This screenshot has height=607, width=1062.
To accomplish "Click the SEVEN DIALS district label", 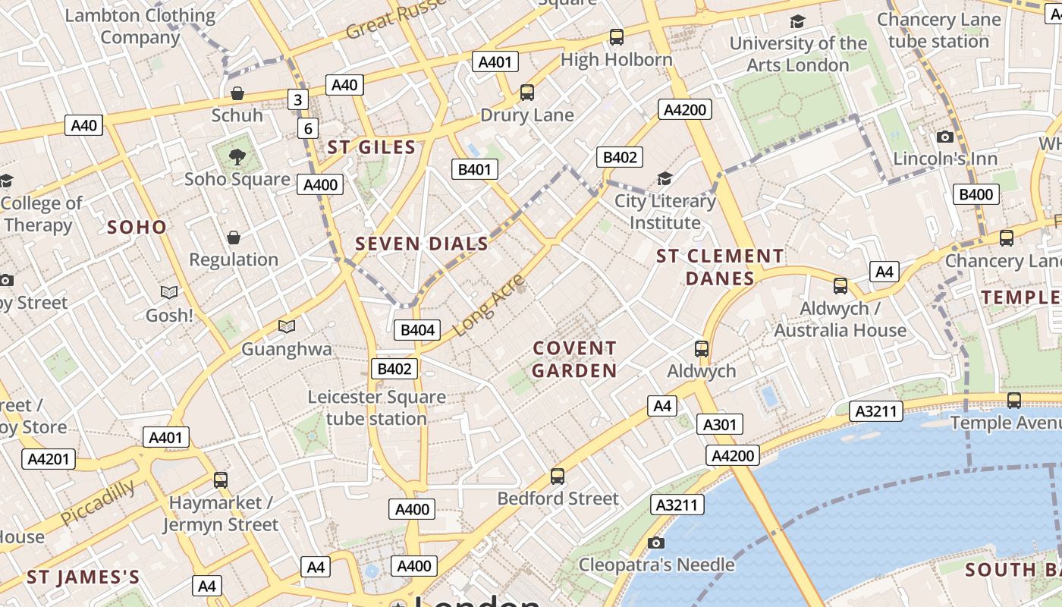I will (x=422, y=244).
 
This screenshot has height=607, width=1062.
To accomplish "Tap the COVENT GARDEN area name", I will (x=574, y=360).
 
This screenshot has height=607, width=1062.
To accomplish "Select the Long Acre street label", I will (x=489, y=305).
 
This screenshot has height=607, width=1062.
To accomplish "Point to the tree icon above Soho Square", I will (x=237, y=157).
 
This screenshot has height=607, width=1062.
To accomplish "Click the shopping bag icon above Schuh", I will (x=237, y=93).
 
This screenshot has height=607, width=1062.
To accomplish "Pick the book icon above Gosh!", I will (x=169, y=292).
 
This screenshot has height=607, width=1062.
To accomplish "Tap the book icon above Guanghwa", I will (x=286, y=326).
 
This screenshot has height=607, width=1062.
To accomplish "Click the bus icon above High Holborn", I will (x=617, y=36).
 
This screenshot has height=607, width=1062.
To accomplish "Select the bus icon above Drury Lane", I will (x=527, y=93).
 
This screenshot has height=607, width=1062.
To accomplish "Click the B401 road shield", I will (x=475, y=169).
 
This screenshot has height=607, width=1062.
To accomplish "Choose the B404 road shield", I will (x=417, y=329).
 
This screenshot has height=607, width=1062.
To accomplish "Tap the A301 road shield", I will (x=719, y=424).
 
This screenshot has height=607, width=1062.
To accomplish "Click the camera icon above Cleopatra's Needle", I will (x=656, y=543).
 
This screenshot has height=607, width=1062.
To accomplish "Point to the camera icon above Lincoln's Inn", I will (x=944, y=137).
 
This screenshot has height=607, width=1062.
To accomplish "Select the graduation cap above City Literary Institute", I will (x=665, y=178).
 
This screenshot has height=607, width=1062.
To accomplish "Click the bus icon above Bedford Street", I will (x=558, y=476).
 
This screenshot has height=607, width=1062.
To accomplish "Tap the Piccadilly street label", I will (x=98, y=502).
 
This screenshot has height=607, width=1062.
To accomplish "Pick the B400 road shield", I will (x=976, y=194).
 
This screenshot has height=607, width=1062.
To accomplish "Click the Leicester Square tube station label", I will (x=376, y=407).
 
